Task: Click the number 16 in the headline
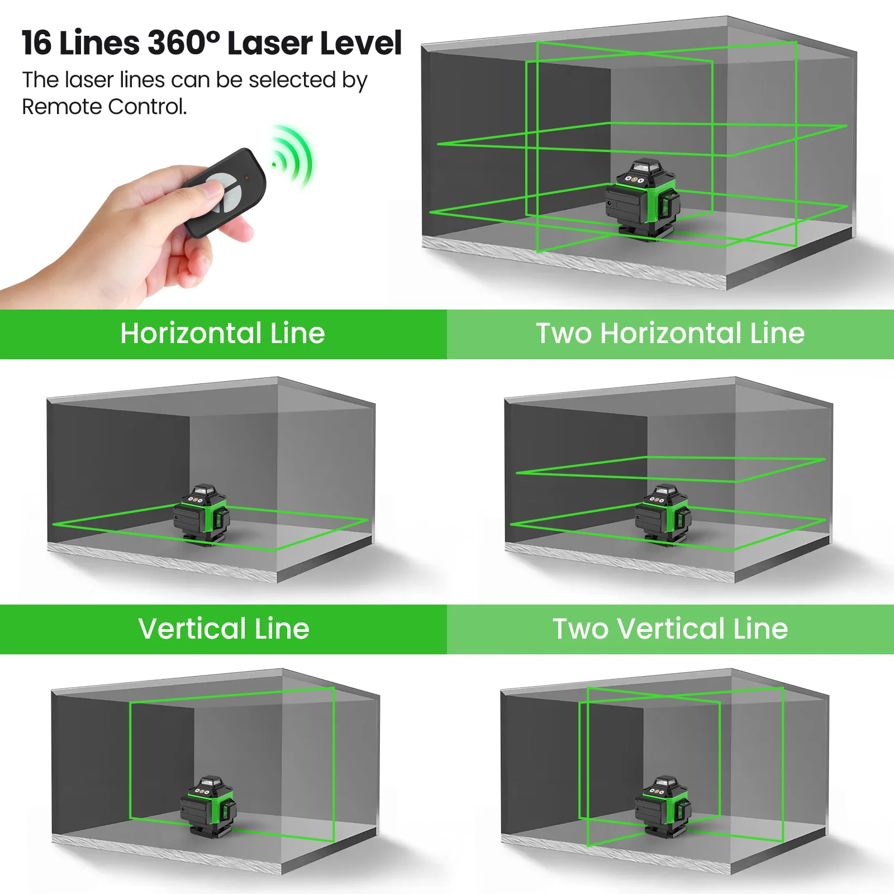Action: pyautogui.click(x=37, y=43)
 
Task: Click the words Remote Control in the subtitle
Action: pyautogui.click(x=104, y=107)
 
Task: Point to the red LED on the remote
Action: pyautogui.click(x=246, y=178)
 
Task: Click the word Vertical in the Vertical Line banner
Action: pyautogui.click(x=192, y=629)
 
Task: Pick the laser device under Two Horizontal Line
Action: pyautogui.click(x=663, y=514)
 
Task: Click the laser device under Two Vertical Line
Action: pyautogui.click(x=663, y=805)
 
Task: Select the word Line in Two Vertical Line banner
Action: pyautogui.click(x=760, y=629)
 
